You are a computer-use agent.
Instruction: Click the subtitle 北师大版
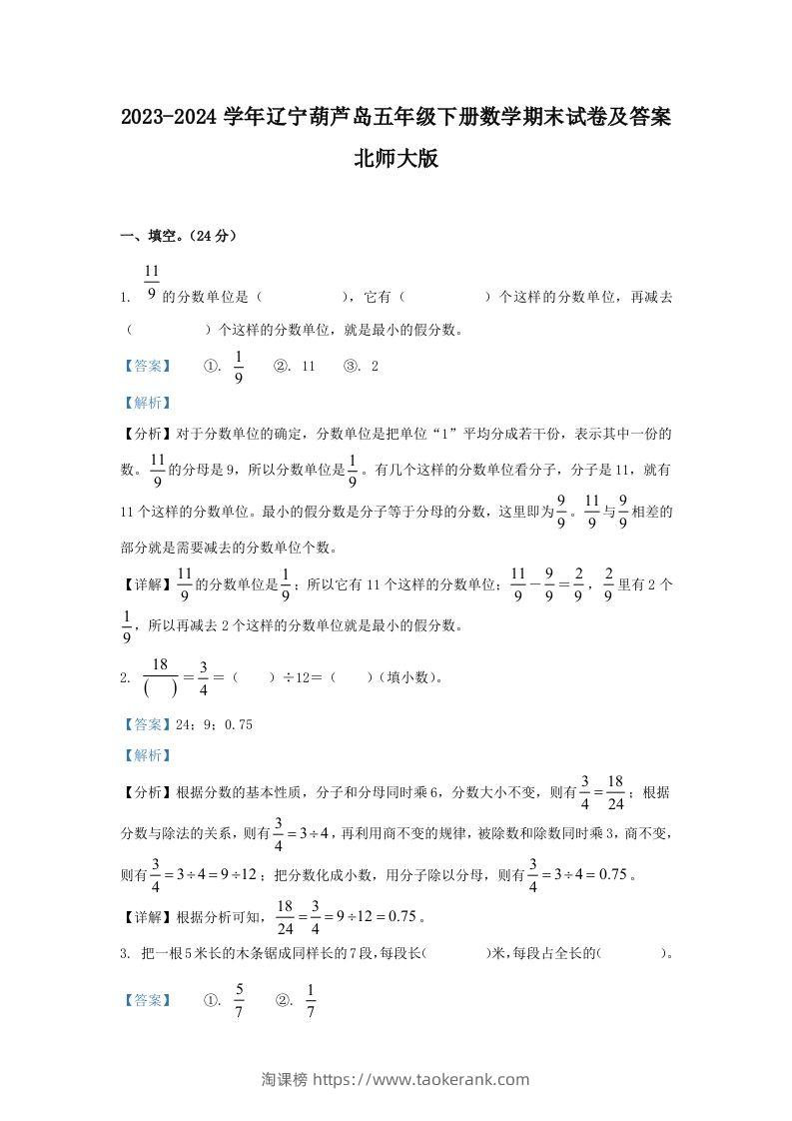(x=396, y=159)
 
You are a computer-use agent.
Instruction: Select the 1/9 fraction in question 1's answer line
(x=239, y=367)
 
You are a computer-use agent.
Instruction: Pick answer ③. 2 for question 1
(x=361, y=367)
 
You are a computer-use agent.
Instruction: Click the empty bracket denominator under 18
(x=159, y=689)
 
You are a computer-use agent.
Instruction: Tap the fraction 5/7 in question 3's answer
(x=239, y=999)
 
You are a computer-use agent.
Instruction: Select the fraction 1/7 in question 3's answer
(x=310, y=999)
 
